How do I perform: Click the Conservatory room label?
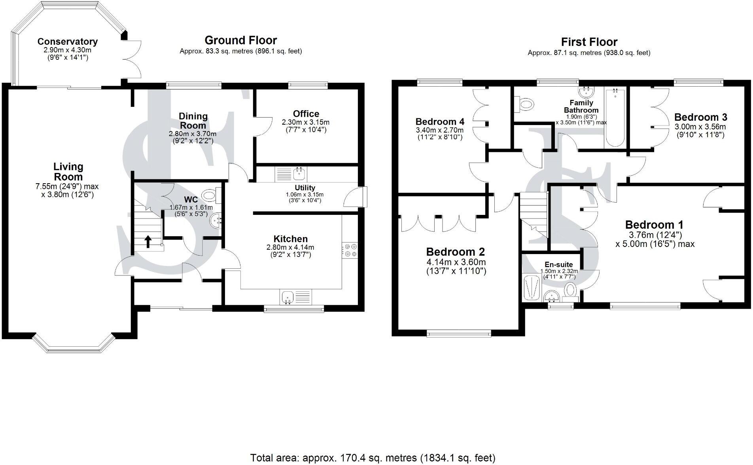[67, 42]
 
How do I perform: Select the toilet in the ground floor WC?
[209, 195]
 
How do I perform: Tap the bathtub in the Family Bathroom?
[614, 118]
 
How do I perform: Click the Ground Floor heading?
[240, 40]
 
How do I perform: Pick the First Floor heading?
[589, 42]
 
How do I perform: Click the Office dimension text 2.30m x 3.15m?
[305, 122]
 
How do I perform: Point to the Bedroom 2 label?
[455, 252]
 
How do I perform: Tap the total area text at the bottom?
[373, 458]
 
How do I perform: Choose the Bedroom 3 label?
[700, 117]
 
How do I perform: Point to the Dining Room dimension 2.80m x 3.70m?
[193, 134]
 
